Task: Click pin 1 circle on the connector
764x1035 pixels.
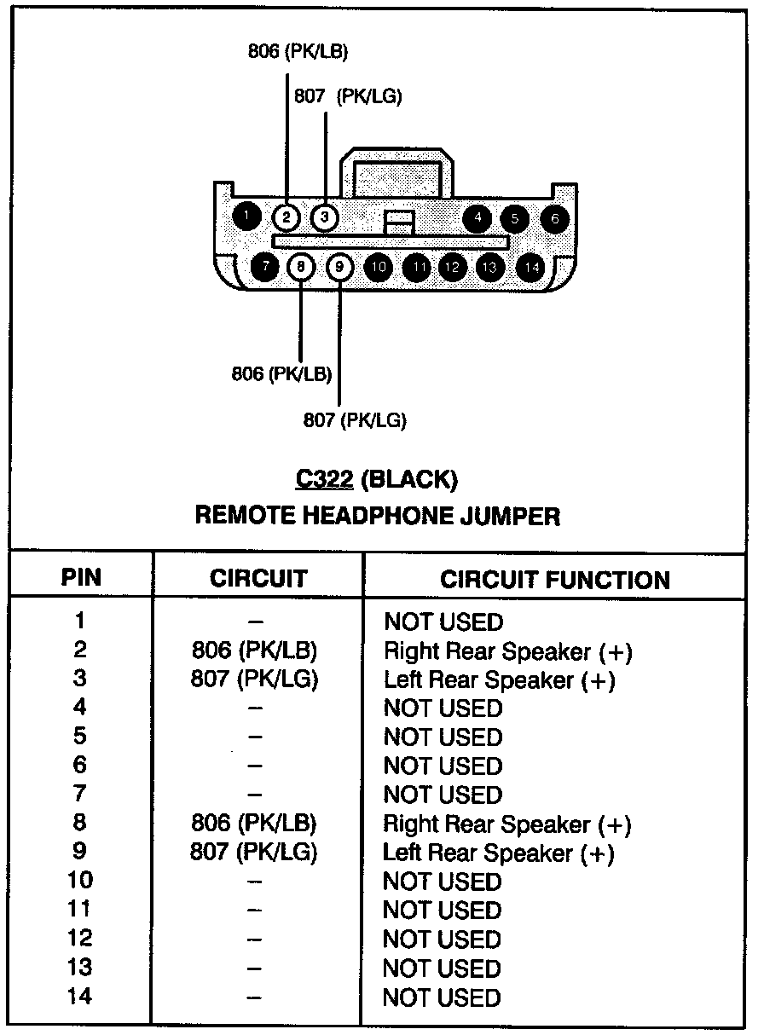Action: click(246, 217)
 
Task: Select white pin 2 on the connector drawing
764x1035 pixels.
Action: click(287, 217)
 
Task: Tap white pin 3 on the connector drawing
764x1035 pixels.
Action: click(324, 217)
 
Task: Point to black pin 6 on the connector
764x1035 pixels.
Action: click(554, 218)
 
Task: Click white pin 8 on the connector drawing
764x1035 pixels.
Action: click(301, 267)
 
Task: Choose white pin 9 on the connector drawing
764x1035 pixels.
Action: click(339, 267)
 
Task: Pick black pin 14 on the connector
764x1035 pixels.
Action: click(531, 268)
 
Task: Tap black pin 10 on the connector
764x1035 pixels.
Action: click(379, 268)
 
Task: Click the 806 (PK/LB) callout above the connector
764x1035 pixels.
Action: click(298, 51)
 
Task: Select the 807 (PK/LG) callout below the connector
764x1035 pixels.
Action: click(355, 419)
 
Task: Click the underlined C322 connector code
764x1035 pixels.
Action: click(324, 480)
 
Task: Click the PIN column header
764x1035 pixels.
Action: click(81, 577)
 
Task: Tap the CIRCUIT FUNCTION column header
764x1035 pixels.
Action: click(554, 580)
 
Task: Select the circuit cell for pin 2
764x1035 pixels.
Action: click(255, 651)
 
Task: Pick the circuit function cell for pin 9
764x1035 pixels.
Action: click(499, 853)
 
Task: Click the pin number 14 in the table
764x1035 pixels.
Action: click(80, 996)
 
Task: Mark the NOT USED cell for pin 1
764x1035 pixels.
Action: click(443, 622)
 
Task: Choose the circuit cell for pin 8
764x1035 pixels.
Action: click(255, 824)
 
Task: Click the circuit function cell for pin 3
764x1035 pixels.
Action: click(499, 680)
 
